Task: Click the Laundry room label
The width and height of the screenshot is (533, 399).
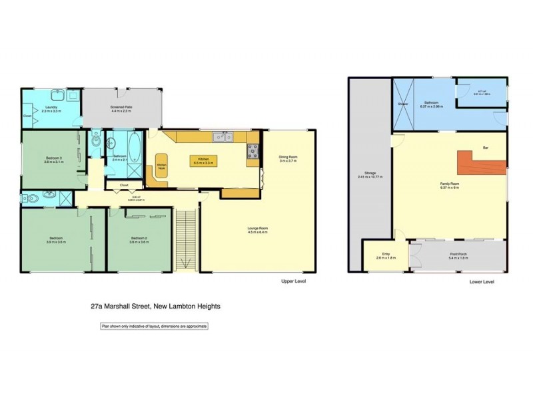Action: (x=51, y=108)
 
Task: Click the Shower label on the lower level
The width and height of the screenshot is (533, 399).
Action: (x=402, y=104)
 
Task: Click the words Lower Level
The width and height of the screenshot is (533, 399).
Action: (x=481, y=282)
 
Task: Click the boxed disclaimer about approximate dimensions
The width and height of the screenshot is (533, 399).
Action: (x=154, y=326)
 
